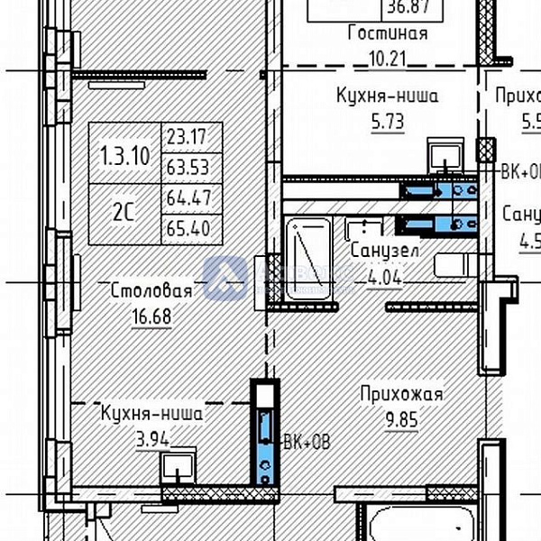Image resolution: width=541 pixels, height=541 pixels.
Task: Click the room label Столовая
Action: tap(151, 290)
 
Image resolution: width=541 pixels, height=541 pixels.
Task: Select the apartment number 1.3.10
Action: tap(124, 153)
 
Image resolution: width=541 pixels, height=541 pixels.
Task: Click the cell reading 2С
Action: tap(124, 213)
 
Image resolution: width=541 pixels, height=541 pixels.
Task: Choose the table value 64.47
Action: tap(187, 198)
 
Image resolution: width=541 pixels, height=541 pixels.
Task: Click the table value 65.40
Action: tap(187, 228)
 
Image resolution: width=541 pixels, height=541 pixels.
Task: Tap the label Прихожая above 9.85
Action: tap(400, 394)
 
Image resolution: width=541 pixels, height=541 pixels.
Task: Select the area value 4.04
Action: tap(382, 277)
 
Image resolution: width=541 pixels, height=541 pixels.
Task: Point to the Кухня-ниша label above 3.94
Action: tap(151, 414)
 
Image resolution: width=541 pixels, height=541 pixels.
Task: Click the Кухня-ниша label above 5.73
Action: tap(387, 96)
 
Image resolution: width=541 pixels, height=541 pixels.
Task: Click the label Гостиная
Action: tap(387, 34)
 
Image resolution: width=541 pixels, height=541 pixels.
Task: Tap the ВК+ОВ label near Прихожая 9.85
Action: tap(307, 442)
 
